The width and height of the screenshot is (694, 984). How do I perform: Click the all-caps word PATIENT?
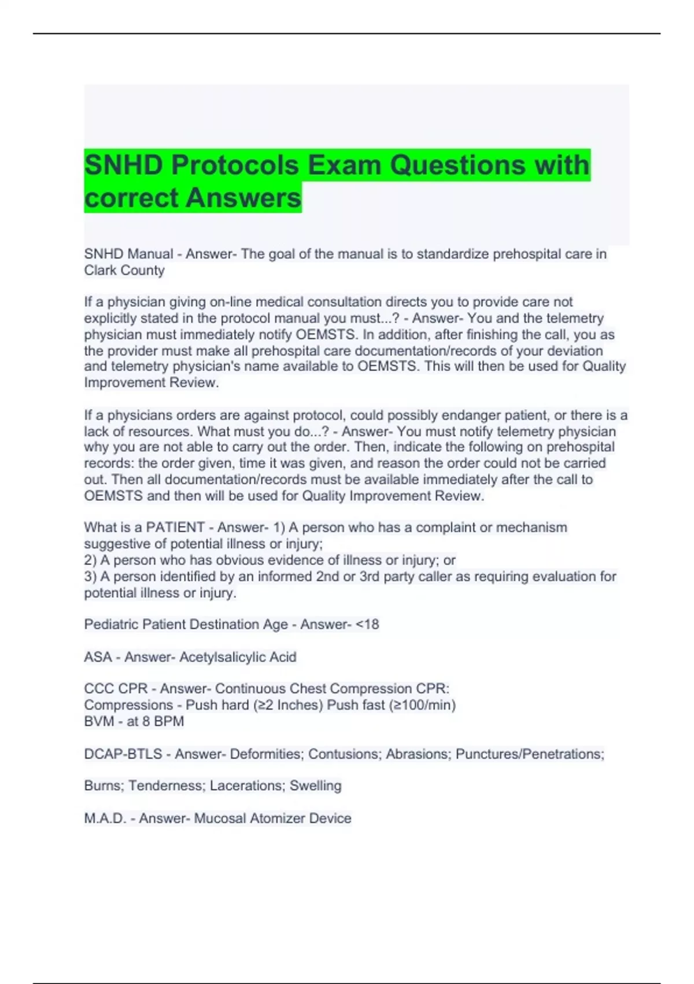175,527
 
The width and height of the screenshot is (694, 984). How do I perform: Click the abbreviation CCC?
99,689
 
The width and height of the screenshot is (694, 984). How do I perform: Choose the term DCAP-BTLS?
123,754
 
